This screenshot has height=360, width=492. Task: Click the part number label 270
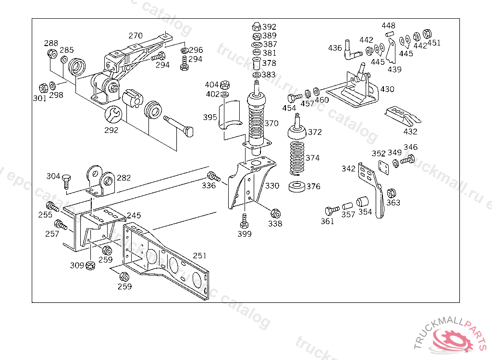click(135, 36)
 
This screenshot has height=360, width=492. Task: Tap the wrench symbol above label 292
click(113, 114)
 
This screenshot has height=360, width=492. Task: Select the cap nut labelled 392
click(257, 26)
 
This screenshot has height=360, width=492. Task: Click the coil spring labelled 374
click(296, 158)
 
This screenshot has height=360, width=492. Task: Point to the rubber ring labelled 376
click(297, 187)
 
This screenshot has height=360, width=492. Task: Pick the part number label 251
click(199, 256)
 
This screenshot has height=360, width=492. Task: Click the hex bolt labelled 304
click(66, 181)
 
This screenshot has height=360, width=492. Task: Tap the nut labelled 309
click(90, 265)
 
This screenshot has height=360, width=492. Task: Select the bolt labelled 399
click(244, 221)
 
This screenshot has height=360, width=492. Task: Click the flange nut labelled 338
click(275, 214)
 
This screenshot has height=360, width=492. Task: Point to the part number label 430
click(387, 89)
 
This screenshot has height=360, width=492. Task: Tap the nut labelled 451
click(427, 34)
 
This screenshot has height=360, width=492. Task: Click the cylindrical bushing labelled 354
click(362, 202)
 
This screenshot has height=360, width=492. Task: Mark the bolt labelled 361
click(332, 210)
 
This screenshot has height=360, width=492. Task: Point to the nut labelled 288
click(52, 53)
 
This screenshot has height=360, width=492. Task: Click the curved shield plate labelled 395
click(230, 115)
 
